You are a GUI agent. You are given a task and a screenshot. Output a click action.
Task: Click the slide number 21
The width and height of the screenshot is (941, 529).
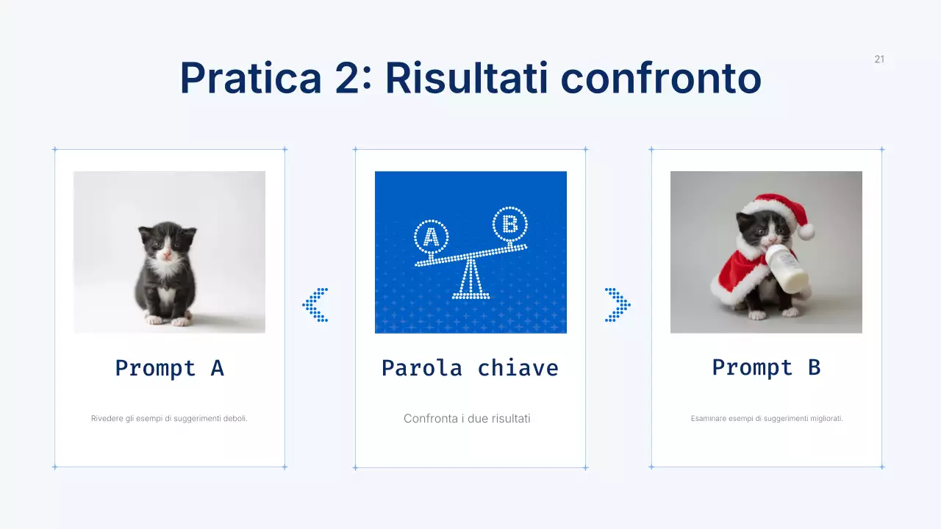click(x=879, y=60)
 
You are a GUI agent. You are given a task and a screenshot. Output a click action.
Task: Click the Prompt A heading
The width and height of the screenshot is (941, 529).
click(x=169, y=367)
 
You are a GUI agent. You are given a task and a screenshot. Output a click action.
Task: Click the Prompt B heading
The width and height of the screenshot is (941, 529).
click(x=766, y=367)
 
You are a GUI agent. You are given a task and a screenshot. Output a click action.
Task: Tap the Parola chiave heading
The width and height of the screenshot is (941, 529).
click(x=470, y=367)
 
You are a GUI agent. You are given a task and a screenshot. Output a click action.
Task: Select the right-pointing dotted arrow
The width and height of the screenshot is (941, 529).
click(x=618, y=305)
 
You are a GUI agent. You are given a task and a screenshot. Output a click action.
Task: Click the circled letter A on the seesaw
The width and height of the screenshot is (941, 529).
click(x=432, y=237)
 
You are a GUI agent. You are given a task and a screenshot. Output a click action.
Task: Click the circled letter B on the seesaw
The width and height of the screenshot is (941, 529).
click(x=509, y=223)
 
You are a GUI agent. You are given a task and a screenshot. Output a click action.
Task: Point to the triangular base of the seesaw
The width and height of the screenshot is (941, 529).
click(x=470, y=282)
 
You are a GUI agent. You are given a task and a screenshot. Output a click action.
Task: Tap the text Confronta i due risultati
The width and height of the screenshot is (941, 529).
click(x=467, y=418)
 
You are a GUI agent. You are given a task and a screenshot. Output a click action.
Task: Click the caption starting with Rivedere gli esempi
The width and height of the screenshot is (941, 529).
click(x=169, y=418)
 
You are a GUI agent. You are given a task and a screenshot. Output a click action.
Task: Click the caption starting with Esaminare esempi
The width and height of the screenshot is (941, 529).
click(x=767, y=418)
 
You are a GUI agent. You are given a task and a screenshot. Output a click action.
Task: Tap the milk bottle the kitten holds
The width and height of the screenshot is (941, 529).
click(x=788, y=269)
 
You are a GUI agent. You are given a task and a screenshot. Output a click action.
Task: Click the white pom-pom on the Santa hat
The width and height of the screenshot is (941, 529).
click(x=806, y=231)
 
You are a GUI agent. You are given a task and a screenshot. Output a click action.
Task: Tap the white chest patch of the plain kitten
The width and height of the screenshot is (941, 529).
click(x=168, y=276)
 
